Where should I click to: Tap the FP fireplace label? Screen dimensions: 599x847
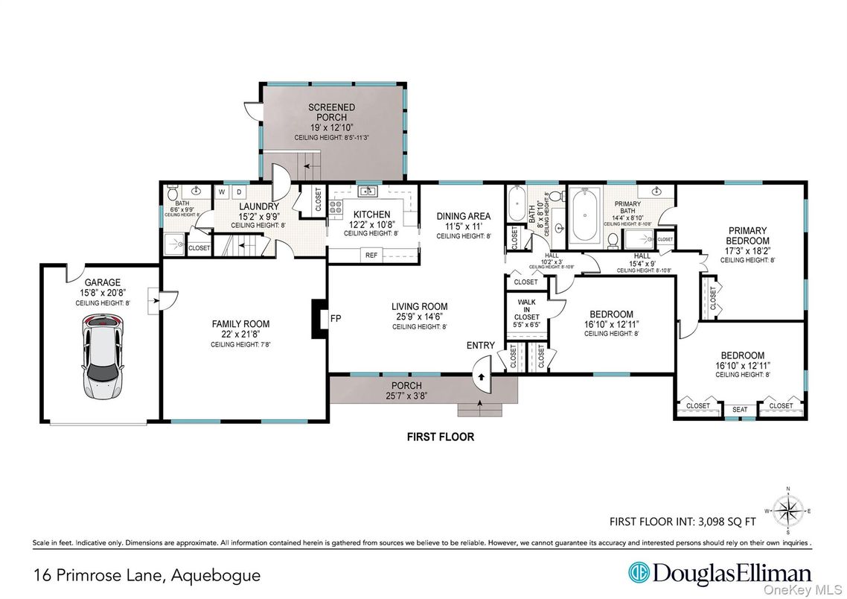(336, 319)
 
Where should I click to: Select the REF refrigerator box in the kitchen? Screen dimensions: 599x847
(371, 255)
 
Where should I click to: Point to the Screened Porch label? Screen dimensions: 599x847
(331, 112)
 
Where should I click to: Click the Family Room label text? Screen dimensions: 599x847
(240, 324)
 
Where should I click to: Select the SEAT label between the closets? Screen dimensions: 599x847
(739, 408)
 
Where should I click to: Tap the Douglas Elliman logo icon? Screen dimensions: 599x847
(638, 574)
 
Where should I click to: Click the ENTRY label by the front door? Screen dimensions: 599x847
(480, 345)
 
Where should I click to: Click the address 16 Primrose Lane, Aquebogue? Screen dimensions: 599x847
(147, 575)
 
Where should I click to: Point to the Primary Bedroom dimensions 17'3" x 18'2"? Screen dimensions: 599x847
(748, 251)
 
